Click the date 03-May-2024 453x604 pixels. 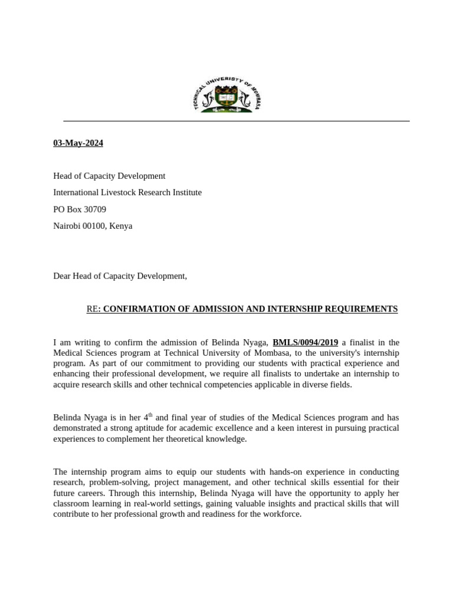coord(78,143)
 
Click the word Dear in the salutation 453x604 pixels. coord(62,275)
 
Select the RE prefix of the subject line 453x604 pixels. coord(91,309)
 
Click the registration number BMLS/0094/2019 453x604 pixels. coord(305,342)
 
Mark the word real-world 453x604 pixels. coord(154,503)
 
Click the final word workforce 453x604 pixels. coord(281,514)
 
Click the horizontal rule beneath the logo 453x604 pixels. coord(236,121)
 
